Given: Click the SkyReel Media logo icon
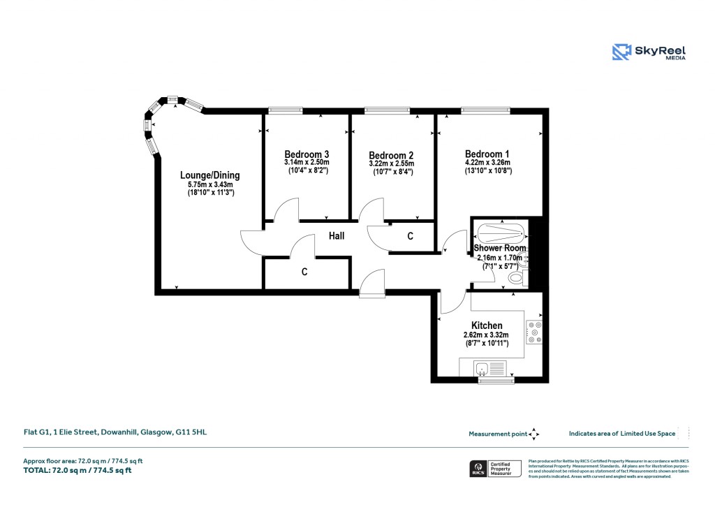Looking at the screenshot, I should (x=621, y=52).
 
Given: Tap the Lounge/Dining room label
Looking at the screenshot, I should (x=210, y=175).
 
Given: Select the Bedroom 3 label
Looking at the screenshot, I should (x=307, y=154).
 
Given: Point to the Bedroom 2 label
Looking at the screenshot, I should (x=391, y=155).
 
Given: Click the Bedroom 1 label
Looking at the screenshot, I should (x=487, y=154).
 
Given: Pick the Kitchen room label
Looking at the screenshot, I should (x=487, y=325).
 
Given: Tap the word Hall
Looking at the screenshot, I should (x=337, y=237).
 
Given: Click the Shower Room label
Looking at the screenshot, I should (x=500, y=248).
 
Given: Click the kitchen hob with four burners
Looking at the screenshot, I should (x=534, y=332).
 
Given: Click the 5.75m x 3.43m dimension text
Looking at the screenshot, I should (x=210, y=184).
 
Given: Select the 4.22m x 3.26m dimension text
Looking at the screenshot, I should (x=488, y=163).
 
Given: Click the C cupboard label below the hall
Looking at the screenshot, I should (x=304, y=272).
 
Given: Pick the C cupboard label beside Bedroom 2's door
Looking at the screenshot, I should (x=410, y=237).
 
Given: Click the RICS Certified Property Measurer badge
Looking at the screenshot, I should (x=494, y=468).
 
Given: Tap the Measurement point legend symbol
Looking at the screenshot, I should (x=533, y=434).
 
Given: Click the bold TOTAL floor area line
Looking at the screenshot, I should (x=78, y=470).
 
